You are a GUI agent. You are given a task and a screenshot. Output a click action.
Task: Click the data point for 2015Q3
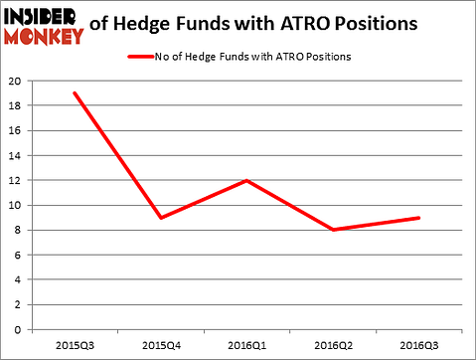click(75, 92)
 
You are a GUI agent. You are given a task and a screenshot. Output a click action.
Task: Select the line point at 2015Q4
click(160, 218)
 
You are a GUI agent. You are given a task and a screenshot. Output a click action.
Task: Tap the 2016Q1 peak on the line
click(245, 180)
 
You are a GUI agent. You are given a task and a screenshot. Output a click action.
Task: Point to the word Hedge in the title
click(143, 19)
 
